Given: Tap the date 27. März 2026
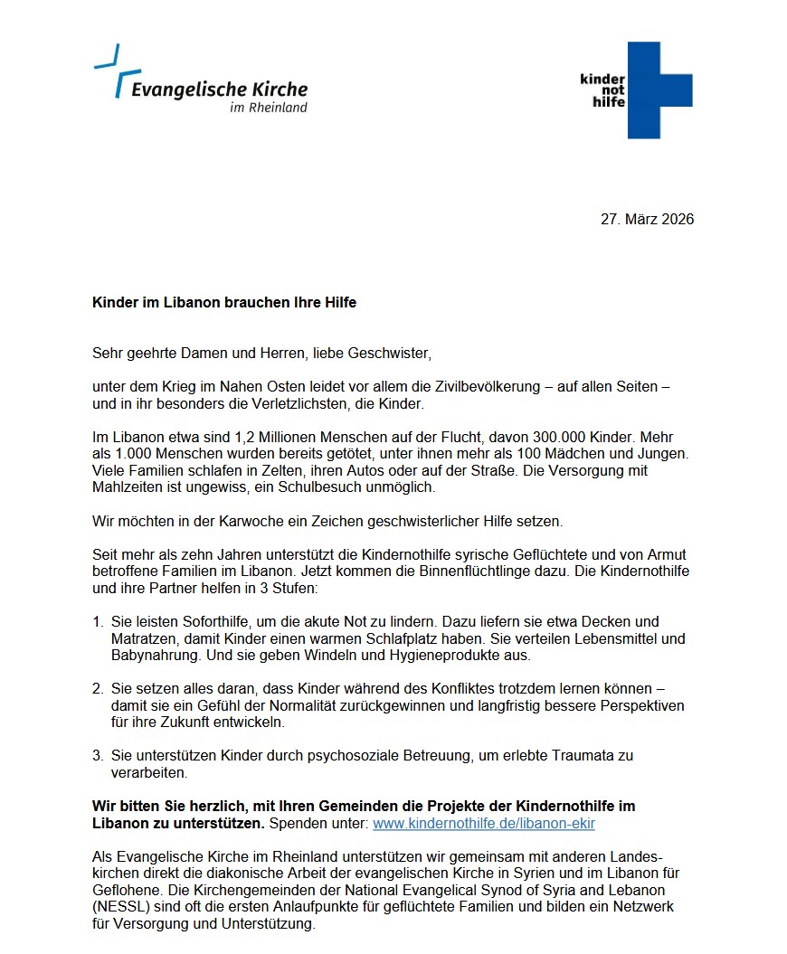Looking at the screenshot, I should point(647,219).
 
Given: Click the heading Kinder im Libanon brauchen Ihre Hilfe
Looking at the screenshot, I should point(224,302).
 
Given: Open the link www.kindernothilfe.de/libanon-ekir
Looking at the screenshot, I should point(484,824).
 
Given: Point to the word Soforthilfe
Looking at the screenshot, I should point(200,622).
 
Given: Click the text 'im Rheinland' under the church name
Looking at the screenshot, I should point(268,108).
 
